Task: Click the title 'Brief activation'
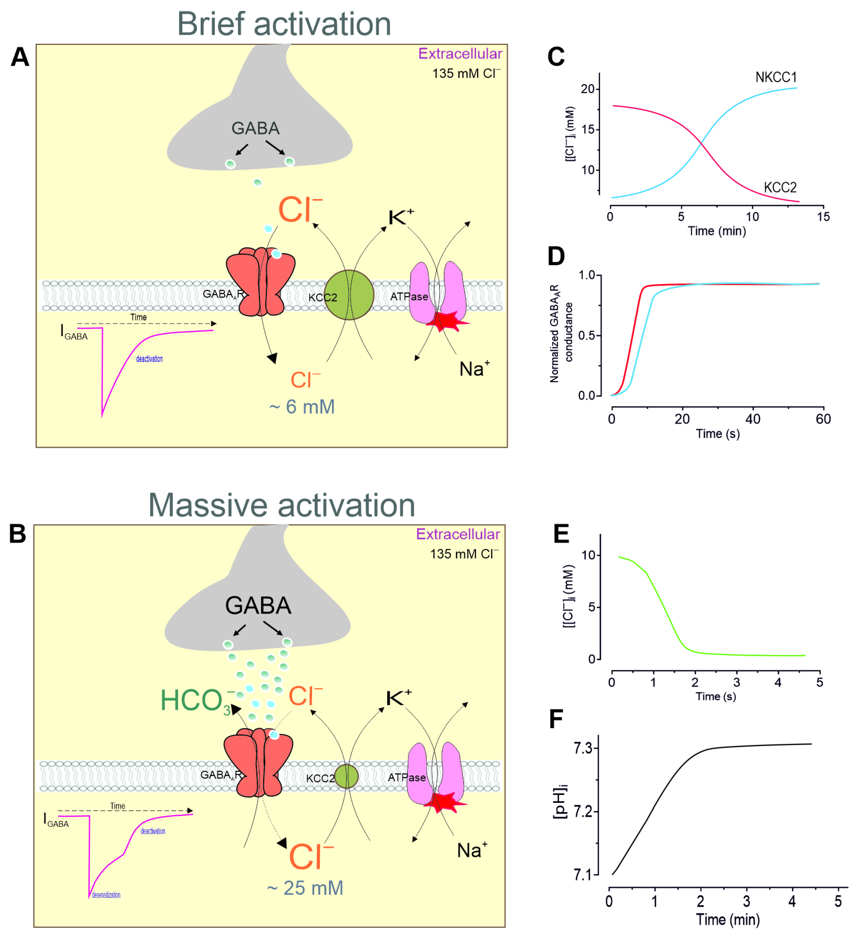[x=284, y=24]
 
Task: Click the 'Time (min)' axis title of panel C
[x=717, y=231]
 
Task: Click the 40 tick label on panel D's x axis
[x=753, y=419]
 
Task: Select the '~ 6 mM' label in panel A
[x=302, y=407]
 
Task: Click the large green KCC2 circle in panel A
[x=349, y=295]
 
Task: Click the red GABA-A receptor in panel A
[x=260, y=282]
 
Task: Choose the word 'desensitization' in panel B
[x=106, y=895]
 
